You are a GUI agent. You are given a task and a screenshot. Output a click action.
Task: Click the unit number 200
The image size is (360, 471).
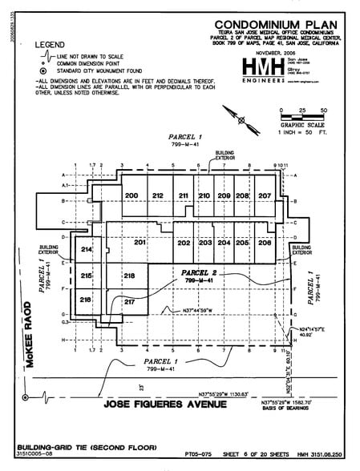[x=131, y=195]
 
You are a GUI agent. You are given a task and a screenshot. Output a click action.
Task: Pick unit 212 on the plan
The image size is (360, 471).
[x=158, y=195]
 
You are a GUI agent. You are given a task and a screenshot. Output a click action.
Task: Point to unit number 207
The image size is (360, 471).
[x=265, y=195]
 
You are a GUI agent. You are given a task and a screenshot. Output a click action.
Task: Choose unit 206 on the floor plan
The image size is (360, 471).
[x=265, y=242]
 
